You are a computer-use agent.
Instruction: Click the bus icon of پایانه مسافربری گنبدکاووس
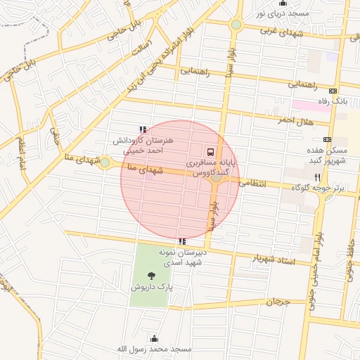pyautogui.click(x=210, y=152)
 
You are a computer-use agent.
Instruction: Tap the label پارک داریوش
pyautogui.click(x=149, y=288)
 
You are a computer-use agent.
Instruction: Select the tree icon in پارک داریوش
pyautogui.click(x=150, y=276)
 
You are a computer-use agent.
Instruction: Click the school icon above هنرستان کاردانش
pyautogui.click(x=143, y=129)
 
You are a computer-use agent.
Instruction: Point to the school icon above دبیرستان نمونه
pyautogui.click(x=183, y=241)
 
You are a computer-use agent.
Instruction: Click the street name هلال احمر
pyautogui.click(x=294, y=121)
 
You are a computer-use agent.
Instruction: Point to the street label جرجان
pyautogui.click(x=278, y=302)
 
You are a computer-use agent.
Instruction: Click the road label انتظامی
pyautogui.click(x=253, y=183)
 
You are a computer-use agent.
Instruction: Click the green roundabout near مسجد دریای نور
pyautogui.click(x=236, y=25)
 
